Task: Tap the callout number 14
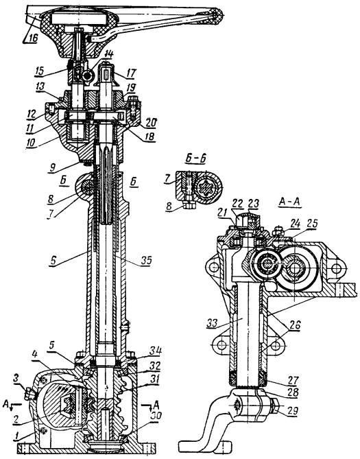coord(109,54)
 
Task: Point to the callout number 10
coord(30,143)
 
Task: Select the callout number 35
coord(146,260)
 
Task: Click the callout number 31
coord(154,379)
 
